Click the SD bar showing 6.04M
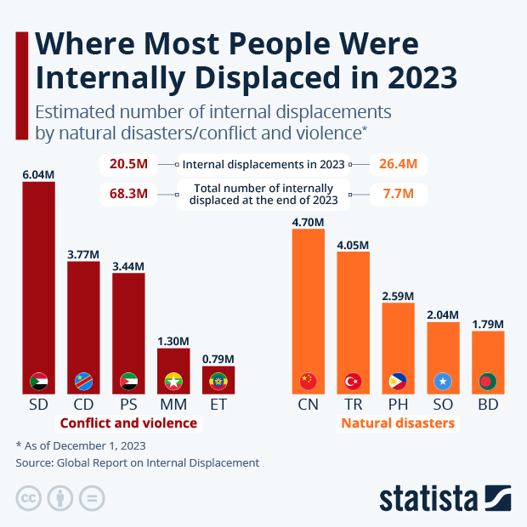[38, 280]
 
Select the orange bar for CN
[308, 306]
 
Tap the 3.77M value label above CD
[83, 253]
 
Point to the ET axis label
[218, 405]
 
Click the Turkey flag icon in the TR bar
[353, 381]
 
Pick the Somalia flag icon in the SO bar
[443, 381]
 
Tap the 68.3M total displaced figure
[128, 194]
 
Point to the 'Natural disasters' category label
[398, 423]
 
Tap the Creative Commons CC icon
[29, 497]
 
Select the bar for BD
[488, 361]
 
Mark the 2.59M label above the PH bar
[398, 296]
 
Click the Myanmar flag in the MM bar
[173, 381]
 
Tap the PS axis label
[128, 405]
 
